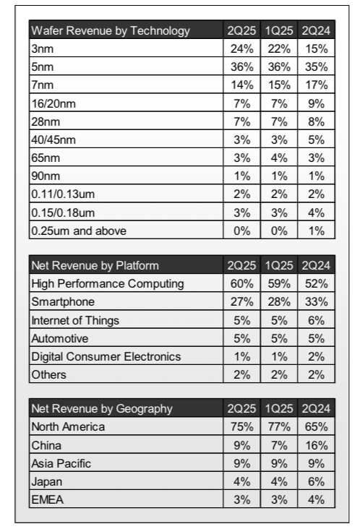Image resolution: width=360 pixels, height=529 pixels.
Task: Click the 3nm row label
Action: point(42,49)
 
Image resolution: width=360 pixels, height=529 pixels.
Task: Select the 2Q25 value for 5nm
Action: point(242,66)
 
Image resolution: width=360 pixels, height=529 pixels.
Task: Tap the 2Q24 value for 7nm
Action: point(317,85)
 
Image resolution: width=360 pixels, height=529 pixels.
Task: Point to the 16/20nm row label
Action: point(53,103)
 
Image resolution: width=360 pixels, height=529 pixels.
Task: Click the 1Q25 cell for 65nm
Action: point(279,158)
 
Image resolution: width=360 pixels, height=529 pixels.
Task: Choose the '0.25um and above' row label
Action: point(79,231)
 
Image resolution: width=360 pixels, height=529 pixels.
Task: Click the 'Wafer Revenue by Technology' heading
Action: point(111,30)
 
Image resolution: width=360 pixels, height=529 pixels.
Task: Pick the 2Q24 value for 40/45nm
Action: point(317,139)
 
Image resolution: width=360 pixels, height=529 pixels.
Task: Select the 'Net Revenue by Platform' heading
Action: point(95,265)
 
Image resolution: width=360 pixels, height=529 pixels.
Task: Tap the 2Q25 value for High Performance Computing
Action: point(242,284)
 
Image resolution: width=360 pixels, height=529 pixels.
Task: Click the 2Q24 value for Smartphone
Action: point(317,301)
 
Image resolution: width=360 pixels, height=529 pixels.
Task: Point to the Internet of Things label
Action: point(75,320)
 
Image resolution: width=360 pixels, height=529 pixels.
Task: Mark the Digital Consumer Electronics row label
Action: point(106,356)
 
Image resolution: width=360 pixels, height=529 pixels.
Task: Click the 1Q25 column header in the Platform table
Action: point(279,265)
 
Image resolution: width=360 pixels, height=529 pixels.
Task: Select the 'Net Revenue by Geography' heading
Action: point(102,408)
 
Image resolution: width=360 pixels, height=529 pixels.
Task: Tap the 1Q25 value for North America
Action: point(279,427)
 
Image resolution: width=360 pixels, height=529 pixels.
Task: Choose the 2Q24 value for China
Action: point(317,445)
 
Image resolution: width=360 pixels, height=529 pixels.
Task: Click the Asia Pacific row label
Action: point(61,463)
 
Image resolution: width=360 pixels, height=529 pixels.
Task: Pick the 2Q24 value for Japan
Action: point(317,482)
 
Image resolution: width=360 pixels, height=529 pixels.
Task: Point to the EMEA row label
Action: point(47,499)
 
